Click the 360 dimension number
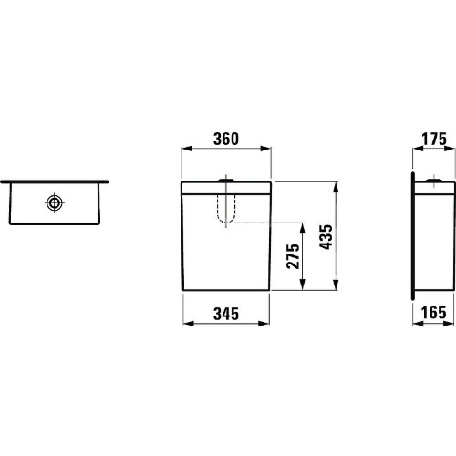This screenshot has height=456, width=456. point(226,139)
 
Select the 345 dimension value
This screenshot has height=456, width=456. point(226,314)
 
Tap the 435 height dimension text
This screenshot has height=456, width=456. point(326,237)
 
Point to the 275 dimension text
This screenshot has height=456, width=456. point(294,256)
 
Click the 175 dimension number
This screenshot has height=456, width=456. point(434,139)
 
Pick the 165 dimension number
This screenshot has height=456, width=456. point(434,313)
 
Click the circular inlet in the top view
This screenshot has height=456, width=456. point(55,202)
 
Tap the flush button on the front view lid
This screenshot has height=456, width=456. point(226,181)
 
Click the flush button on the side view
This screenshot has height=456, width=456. point(434,181)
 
